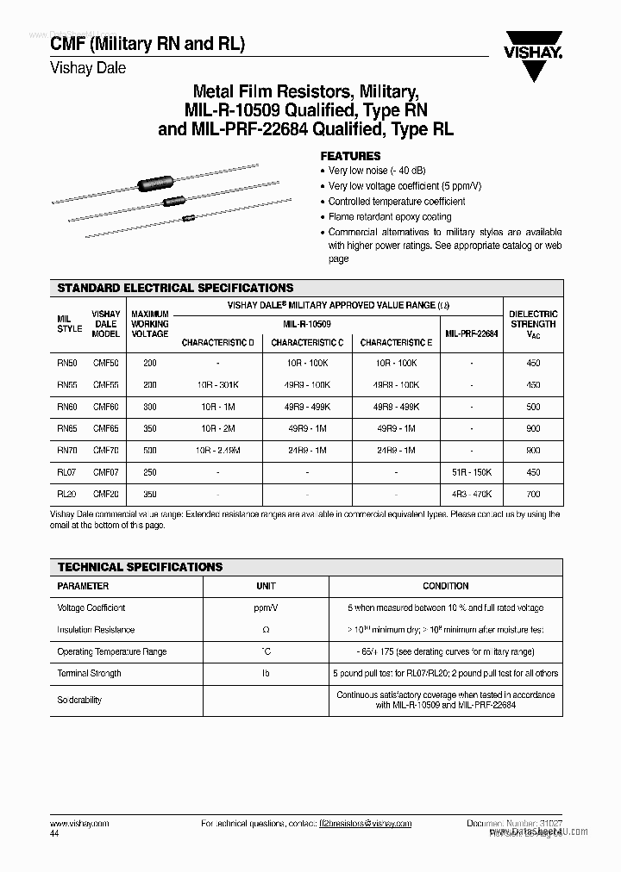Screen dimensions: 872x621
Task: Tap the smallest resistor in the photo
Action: [x=187, y=219]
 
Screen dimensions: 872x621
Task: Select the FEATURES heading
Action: [x=350, y=156]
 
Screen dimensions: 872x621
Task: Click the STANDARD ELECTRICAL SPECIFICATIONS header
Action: [x=175, y=288]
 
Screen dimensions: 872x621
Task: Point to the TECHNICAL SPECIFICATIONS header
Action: [x=140, y=567]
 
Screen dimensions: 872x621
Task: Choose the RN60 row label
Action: [x=66, y=407]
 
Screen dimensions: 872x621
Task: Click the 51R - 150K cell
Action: [x=472, y=472]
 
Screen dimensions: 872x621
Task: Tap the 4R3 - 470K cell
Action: [x=472, y=495]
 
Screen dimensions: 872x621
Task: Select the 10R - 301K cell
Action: [x=217, y=385]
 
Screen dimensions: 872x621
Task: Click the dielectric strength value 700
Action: [x=533, y=495]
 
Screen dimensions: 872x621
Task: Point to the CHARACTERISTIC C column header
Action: [x=307, y=343]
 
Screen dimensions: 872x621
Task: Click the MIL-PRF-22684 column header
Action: [x=472, y=333]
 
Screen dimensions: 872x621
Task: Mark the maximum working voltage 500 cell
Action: [x=150, y=451]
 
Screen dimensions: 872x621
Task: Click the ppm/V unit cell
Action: [x=266, y=607]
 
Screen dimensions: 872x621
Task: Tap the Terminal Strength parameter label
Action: [x=89, y=673]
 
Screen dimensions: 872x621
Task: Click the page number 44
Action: [x=54, y=834]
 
